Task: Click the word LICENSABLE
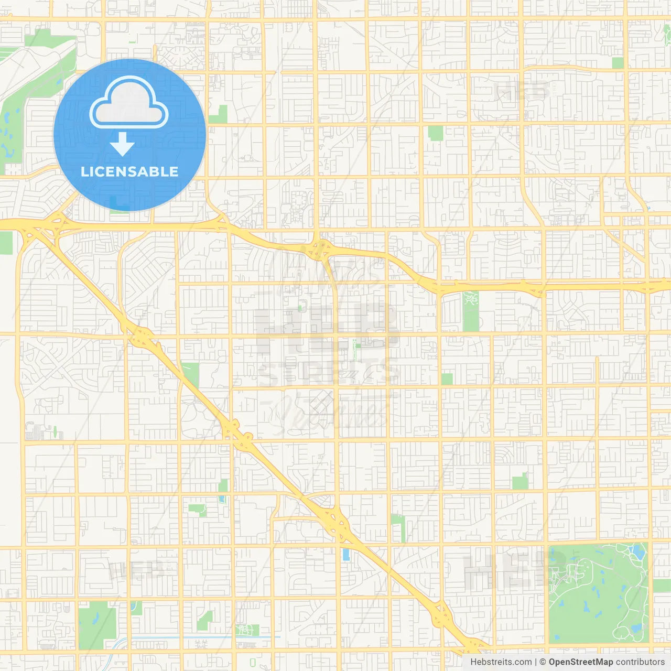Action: [129, 171]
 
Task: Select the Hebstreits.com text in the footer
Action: [501, 662]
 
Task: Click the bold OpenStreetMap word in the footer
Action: [580, 662]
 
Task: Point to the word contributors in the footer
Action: [640, 662]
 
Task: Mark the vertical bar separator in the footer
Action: [536, 662]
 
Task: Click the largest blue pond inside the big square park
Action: [638, 551]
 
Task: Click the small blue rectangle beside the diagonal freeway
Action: [346, 554]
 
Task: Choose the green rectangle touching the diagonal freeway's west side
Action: [190, 373]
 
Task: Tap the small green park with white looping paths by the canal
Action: [247, 630]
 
